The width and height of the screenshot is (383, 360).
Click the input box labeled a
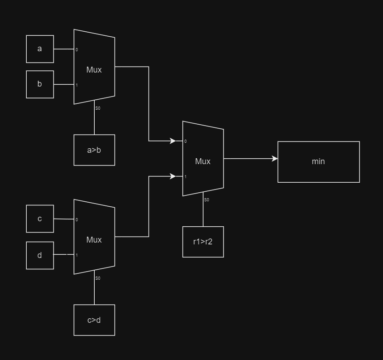tap(40, 49)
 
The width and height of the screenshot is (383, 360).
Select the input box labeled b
tap(40, 84)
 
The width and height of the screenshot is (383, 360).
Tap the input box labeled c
tap(40, 219)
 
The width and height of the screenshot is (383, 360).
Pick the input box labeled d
tap(40, 255)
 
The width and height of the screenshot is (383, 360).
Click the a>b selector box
tap(94, 150)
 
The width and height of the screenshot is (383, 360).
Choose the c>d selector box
tap(94, 320)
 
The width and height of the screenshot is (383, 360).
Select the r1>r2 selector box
tap(203, 242)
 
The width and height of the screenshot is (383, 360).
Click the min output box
tap(319, 162)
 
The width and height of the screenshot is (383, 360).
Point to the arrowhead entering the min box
tap(275, 159)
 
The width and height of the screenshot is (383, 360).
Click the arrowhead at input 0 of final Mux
tap(173, 141)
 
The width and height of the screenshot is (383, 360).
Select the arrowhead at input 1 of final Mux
tap(173, 176)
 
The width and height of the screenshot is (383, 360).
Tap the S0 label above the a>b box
tap(98, 108)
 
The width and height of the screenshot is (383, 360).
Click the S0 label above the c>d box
tap(98, 278)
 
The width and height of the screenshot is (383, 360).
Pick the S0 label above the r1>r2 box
tap(207, 200)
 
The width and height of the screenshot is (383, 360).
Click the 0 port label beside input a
tap(77, 50)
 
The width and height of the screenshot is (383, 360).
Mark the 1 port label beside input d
tap(77, 255)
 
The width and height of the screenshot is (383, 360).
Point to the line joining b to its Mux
tap(63, 84)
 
